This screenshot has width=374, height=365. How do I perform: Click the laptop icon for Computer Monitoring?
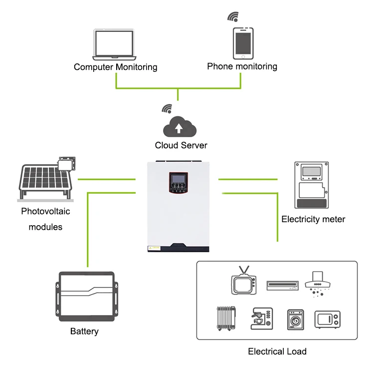(x=114, y=45)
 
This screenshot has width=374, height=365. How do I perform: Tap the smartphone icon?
(x=243, y=43)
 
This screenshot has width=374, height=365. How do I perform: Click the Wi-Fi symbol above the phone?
(x=233, y=16)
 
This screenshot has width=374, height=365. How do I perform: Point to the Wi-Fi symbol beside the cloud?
(x=166, y=109)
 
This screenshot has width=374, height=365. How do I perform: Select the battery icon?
(x=87, y=297)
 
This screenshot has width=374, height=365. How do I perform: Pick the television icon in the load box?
(x=243, y=284)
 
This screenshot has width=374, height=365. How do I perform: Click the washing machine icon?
(x=295, y=318)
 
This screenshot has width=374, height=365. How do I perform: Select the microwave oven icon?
(x=327, y=319)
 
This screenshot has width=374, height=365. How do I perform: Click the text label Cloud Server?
(x=181, y=145)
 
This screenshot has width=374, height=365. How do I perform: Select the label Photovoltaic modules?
(x=45, y=219)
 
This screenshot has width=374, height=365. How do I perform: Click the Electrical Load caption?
(x=277, y=352)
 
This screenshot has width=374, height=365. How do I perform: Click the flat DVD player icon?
(x=282, y=285)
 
